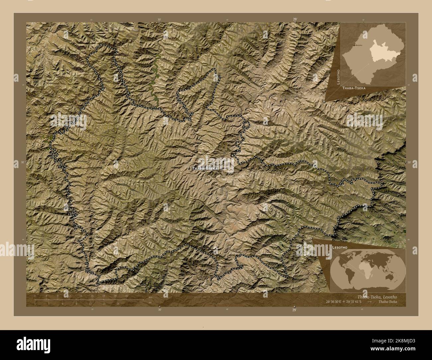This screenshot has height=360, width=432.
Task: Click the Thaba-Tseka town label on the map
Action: point(205,169)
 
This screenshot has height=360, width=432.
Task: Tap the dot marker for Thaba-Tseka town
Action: point(189,169)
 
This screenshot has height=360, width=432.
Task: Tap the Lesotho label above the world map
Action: point(339,248)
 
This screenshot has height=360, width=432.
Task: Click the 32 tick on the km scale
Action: point(127,296)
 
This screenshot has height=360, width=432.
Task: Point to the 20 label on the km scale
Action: point(92,296)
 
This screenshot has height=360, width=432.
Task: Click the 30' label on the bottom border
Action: point(160,310)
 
